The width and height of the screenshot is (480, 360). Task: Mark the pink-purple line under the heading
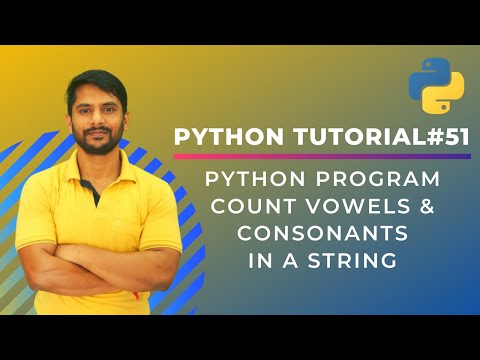tap(320, 157)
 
